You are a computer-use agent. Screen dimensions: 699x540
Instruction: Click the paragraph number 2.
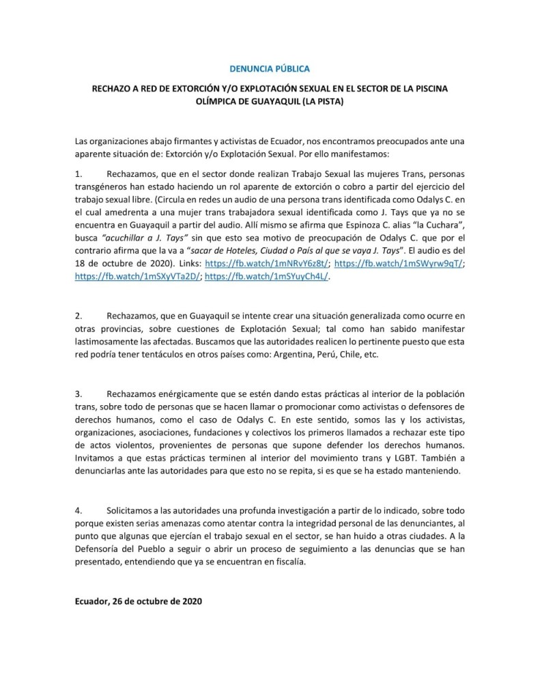(79, 316)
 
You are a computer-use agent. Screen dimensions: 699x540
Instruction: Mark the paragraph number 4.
(79, 510)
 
